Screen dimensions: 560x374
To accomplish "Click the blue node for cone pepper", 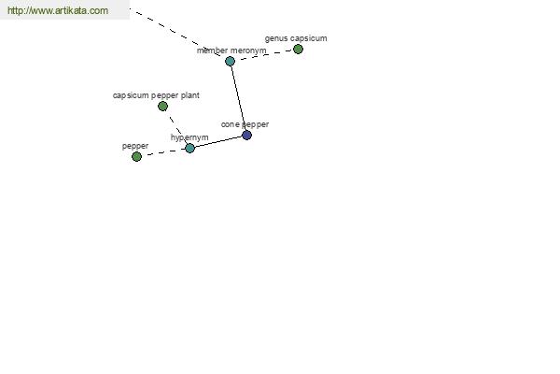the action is pos(246,136).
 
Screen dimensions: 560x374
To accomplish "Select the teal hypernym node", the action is pos(190,148).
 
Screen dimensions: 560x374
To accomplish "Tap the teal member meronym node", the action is pos(231,61).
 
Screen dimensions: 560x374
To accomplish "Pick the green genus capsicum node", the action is pos(299,49).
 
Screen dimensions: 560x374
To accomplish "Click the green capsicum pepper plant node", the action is pos(162,107).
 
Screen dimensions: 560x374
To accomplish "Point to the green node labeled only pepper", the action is pos(137,156).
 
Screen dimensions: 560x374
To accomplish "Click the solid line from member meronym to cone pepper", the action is pos(238,97).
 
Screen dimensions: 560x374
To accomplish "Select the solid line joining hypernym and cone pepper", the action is pos(218,142).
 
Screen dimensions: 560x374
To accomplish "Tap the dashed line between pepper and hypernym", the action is pos(163,152).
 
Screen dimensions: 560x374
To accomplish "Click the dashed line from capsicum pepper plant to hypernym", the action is pos(176,127).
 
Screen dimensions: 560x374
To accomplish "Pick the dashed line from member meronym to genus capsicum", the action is pos(264,55).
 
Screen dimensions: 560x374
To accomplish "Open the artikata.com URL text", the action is pos(58,10).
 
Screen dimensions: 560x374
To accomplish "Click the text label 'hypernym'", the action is pos(189,137).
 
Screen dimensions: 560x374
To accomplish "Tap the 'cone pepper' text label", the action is pos(245,124).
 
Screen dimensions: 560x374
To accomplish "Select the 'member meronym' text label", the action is pos(231,50).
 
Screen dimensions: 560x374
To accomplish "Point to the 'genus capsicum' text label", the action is pos(296,38).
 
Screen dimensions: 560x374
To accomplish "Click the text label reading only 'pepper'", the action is pos(135,146).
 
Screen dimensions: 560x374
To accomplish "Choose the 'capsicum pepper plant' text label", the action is pos(156,95).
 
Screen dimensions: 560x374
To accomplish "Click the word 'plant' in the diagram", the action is pos(190,95).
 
